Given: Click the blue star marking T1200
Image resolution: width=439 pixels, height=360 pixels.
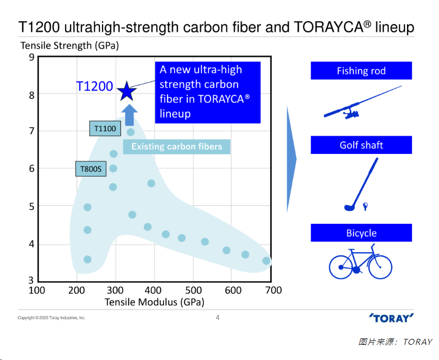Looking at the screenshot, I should (x=126, y=91).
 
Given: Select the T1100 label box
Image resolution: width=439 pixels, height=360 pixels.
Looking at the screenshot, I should (x=105, y=128).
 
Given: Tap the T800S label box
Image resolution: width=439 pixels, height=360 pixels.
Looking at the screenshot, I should (x=91, y=169).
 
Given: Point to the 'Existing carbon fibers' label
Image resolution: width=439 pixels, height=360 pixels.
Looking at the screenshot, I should (x=176, y=146).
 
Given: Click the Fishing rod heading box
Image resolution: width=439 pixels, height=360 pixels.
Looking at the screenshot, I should (x=361, y=71).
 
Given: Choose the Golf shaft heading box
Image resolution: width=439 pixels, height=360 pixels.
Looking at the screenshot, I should (x=361, y=145).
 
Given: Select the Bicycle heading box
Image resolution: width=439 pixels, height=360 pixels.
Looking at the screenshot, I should (x=361, y=233).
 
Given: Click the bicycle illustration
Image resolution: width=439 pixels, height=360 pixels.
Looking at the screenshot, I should (x=360, y=262).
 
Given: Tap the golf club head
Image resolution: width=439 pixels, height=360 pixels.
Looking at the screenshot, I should (x=349, y=207).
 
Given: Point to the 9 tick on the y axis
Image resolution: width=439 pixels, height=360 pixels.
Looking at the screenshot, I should (x=31, y=57).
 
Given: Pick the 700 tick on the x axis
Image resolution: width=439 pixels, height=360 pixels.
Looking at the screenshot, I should (x=273, y=290).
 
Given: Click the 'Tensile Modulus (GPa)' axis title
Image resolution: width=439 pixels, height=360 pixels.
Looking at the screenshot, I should (x=154, y=302).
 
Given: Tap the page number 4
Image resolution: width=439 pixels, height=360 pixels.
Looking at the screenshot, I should (x=218, y=318).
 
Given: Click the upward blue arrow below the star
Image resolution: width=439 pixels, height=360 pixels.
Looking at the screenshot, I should (x=129, y=114).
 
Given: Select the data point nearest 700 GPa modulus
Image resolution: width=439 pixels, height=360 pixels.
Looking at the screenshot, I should (x=266, y=261).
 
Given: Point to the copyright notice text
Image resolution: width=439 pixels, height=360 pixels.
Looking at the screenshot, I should (x=52, y=318).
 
